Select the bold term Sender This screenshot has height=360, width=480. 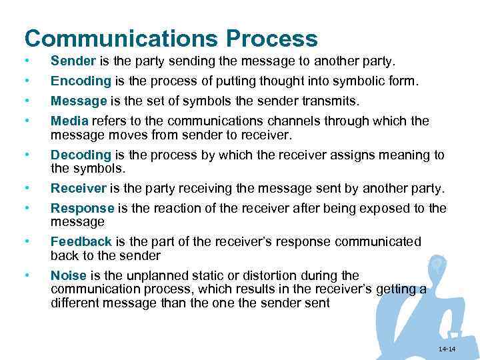tap(73, 62)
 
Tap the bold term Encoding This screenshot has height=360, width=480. tap(80, 81)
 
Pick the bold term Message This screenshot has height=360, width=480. tap(79, 101)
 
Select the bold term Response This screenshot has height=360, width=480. tap(81, 208)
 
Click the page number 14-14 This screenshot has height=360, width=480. tap(447, 350)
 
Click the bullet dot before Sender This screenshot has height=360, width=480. tap(25, 62)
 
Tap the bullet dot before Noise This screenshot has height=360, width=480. tap(25, 275)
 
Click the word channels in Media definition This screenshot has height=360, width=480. tap(288, 121)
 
